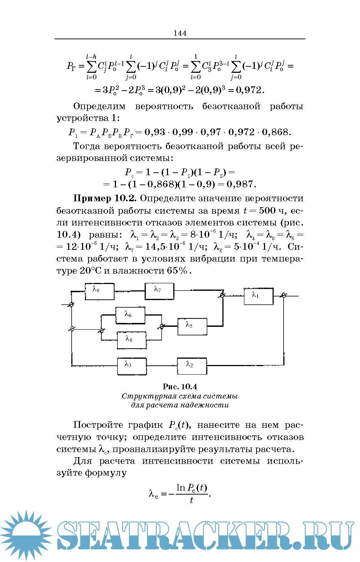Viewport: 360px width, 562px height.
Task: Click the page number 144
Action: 180,33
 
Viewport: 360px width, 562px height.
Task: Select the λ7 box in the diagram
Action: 159,291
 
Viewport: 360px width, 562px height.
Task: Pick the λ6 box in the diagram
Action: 130,315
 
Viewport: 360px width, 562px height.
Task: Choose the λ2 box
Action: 192,366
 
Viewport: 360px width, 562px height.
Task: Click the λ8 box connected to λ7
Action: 99,291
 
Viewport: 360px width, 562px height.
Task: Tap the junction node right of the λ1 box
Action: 284,295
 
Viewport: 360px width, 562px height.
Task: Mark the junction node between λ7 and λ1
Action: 222,295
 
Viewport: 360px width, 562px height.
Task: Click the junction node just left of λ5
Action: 162,326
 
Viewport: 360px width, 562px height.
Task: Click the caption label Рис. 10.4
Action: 180,387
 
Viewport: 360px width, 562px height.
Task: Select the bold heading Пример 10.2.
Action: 106,198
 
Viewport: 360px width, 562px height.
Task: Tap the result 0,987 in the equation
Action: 241,184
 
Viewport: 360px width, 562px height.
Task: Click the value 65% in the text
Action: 177,270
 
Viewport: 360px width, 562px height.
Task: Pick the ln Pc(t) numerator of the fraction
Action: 192,487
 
